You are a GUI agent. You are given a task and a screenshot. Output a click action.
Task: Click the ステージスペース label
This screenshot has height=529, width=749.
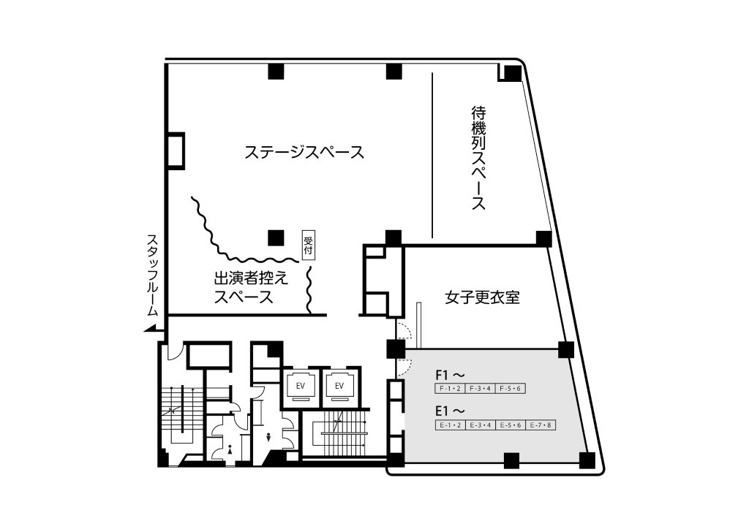(304, 152)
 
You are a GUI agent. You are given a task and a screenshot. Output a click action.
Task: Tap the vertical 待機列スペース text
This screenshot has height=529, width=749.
(478, 158)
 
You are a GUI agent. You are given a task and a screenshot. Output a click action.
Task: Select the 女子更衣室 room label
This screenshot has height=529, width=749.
(482, 297)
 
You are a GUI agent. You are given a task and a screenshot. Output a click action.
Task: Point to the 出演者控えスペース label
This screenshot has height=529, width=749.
(251, 287)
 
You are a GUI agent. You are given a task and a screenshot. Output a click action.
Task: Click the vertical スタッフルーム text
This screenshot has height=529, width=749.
(152, 275)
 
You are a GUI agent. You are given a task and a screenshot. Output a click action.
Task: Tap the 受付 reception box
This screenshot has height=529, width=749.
(309, 246)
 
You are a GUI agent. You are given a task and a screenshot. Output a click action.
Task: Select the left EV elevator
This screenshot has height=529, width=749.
(301, 385)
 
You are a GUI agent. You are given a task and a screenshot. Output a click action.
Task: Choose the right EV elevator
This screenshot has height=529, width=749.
(339, 385)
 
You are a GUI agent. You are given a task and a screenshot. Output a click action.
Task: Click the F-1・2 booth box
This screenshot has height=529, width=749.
(450, 388)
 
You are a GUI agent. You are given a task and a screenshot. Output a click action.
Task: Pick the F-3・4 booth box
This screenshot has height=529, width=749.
(480, 388)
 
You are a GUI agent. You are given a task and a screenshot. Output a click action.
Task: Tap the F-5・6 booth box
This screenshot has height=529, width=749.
(511, 388)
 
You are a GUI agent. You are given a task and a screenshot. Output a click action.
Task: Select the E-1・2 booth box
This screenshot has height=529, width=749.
(450, 425)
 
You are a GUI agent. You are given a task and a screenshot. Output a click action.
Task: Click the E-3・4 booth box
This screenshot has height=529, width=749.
(480, 425)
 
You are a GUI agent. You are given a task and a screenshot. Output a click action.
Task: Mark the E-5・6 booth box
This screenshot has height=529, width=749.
(511, 425)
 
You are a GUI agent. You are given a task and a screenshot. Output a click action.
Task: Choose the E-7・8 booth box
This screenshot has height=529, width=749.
(541, 425)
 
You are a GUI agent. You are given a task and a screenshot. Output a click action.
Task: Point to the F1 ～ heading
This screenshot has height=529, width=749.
(450, 374)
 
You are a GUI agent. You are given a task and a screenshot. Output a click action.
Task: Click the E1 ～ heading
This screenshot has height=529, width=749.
(450, 411)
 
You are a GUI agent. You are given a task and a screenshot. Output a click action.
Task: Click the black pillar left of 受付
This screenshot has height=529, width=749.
(276, 237)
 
